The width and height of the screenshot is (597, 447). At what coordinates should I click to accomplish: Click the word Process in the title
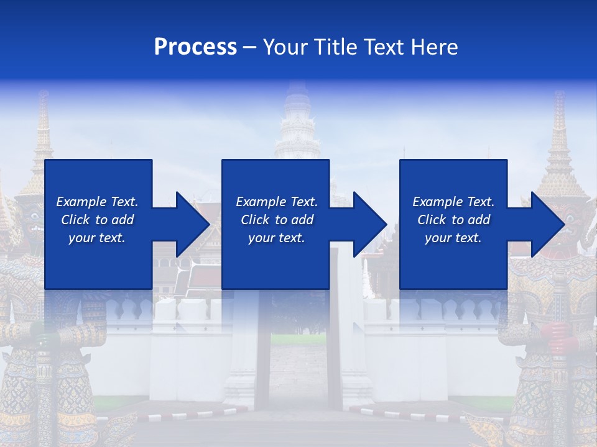[195, 47]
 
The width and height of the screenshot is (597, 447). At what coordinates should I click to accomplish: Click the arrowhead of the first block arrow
[193, 224]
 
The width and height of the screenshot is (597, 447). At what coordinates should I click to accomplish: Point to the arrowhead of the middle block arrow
[371, 224]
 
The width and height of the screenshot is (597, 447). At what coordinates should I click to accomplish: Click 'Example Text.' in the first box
[97, 202]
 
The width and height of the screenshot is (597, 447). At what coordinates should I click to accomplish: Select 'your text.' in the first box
[97, 238]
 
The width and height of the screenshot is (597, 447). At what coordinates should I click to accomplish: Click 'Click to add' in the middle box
[277, 220]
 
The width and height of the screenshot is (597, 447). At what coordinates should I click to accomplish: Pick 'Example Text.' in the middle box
[277, 202]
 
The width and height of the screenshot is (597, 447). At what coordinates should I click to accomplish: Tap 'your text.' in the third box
[453, 238]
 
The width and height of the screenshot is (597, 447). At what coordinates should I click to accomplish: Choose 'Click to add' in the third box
[453, 220]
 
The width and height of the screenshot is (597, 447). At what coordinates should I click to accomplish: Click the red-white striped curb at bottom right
[404, 413]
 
